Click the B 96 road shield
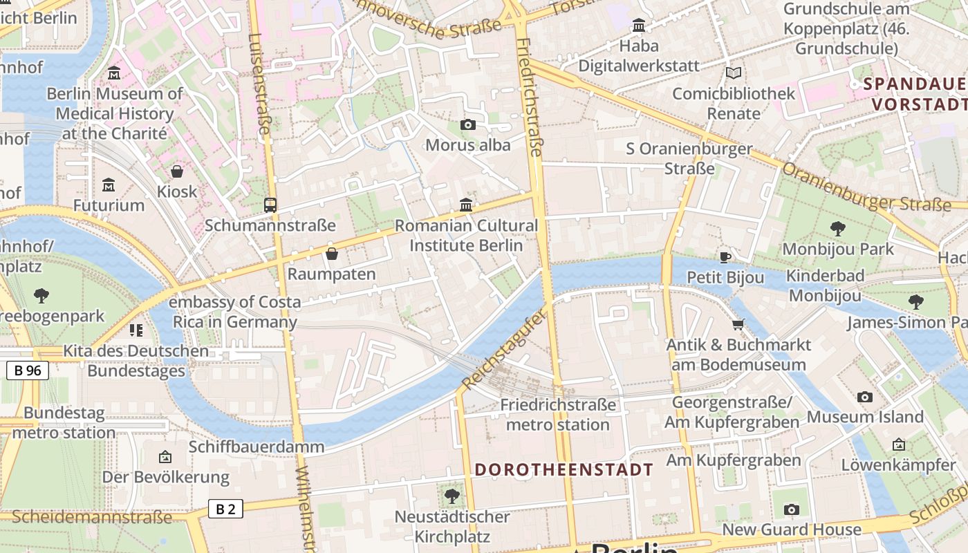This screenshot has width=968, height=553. click(x=28, y=371)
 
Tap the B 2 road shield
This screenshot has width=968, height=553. click(x=225, y=509)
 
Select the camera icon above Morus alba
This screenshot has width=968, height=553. click(x=468, y=124)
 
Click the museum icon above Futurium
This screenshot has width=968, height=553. click(x=109, y=185)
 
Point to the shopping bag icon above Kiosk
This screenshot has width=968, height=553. click(x=177, y=171)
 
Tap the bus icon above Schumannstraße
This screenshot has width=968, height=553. click(x=270, y=205)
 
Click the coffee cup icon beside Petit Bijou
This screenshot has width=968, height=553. click(x=725, y=257)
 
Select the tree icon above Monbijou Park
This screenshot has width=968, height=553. click(x=838, y=228)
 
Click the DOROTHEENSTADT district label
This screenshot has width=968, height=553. click(x=564, y=470)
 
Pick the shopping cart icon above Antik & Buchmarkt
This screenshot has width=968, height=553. click(x=738, y=324)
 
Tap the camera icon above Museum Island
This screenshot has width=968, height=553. click(x=864, y=397)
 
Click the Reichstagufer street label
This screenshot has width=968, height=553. click(x=503, y=350)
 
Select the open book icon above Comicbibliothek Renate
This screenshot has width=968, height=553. click(x=733, y=73)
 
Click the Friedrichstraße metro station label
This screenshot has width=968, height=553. click(x=557, y=414)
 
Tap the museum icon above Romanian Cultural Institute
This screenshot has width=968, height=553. click(x=466, y=205)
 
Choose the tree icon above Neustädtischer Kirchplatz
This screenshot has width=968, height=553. click(x=452, y=496)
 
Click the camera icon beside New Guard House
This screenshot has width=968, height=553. click(x=792, y=509)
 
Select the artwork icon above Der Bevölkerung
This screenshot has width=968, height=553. click(x=165, y=457)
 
